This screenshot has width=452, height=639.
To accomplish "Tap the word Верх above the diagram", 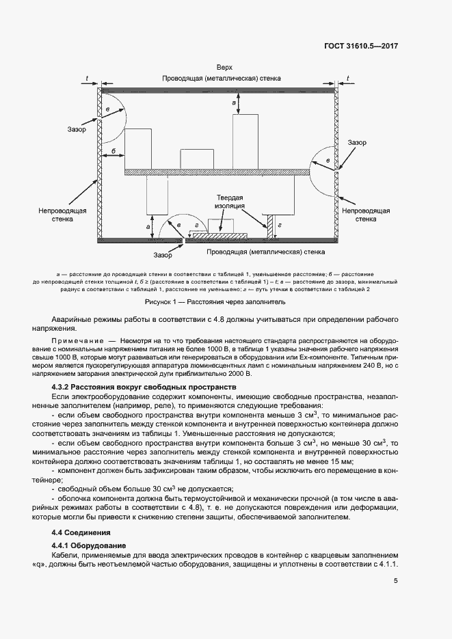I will [224, 68].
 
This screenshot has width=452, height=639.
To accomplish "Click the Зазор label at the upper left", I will [76, 129].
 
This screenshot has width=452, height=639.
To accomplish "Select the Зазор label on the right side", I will [356, 142].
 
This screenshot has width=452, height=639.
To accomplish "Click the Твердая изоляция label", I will [230, 200].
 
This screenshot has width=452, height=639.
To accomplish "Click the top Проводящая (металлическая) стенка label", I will [222, 79].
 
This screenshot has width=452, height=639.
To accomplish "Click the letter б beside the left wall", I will [113, 150].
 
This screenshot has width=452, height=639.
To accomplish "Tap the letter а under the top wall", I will [235, 102].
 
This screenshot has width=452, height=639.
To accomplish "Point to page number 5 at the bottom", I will [396, 581].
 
